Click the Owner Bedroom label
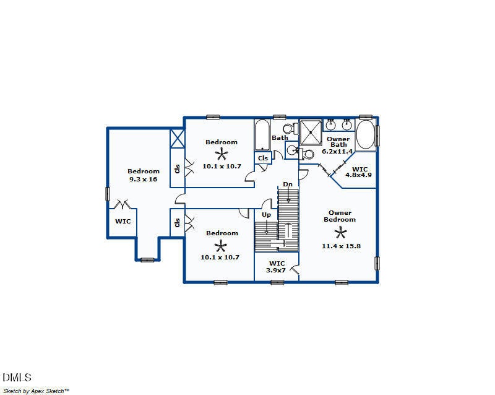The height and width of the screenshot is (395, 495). (340, 216)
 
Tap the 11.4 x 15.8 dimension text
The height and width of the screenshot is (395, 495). (340, 246)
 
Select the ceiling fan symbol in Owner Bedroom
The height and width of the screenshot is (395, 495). (340, 232)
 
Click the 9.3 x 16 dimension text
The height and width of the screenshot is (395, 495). (144, 179)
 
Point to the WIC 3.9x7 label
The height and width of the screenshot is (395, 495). (277, 267)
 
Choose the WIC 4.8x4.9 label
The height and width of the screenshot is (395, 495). (359, 171)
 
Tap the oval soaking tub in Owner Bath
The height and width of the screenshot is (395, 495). (365, 134)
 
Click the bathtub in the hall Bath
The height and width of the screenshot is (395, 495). (262, 134)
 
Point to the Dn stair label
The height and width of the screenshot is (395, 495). (288, 184)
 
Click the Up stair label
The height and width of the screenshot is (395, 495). (266, 215)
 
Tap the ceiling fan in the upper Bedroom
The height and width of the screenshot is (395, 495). (222, 154)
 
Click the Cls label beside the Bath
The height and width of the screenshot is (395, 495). (263, 158)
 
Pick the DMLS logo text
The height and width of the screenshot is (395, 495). (17, 377)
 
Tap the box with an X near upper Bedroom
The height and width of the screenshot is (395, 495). (178, 138)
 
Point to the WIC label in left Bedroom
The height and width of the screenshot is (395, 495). (123, 220)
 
